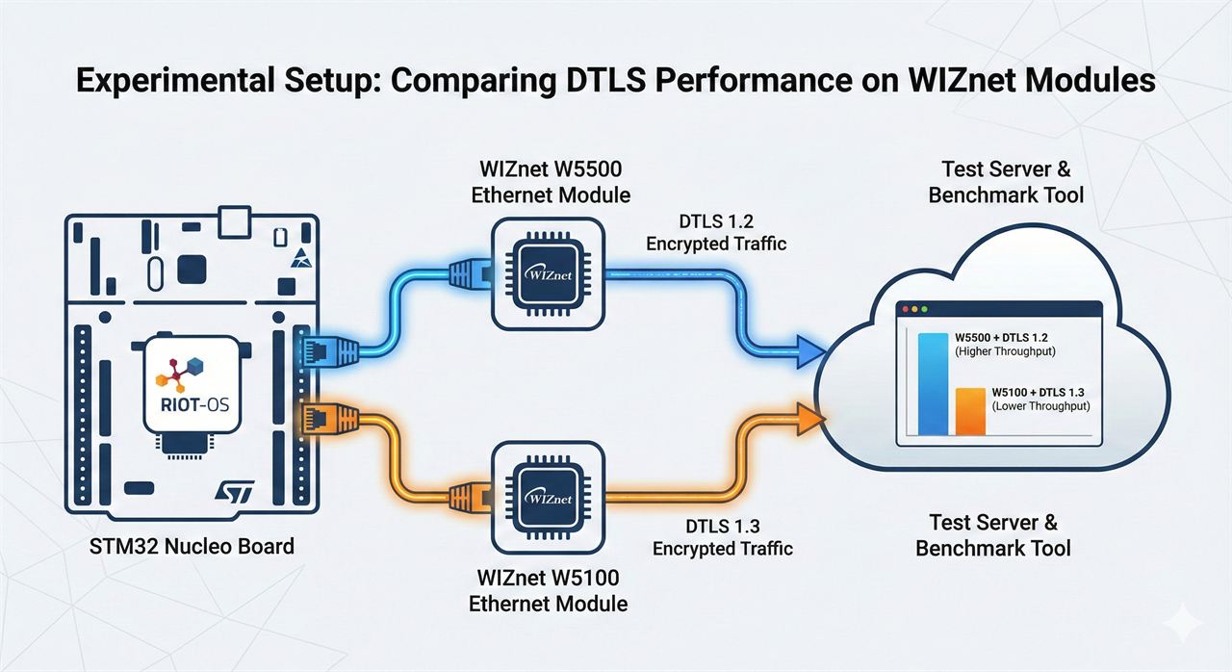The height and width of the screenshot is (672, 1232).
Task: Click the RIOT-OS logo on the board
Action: [192, 384]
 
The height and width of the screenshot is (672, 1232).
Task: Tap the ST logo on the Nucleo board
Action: [235, 491]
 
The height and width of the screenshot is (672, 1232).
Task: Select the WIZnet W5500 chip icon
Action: [549, 273]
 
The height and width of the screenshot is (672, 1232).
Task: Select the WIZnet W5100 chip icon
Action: [549, 498]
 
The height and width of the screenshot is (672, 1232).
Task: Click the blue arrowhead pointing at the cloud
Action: [808, 352]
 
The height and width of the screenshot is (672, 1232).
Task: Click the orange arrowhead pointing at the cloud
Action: [809, 419]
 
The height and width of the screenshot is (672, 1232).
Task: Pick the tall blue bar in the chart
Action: [933, 384]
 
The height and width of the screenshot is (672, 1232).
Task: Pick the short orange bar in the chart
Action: [970, 411]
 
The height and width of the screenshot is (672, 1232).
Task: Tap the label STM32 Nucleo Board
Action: [192, 547]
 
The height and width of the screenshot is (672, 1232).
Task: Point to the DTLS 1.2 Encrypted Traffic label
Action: [716, 233]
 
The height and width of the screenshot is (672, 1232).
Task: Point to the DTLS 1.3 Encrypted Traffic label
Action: [723, 537]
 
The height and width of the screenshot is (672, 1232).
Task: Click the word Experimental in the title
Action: [174, 81]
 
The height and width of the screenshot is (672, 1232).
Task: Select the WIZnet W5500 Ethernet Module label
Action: [551, 182]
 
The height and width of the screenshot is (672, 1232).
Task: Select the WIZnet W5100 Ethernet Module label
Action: [549, 590]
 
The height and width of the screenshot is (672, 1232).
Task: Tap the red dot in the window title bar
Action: [906, 310]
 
